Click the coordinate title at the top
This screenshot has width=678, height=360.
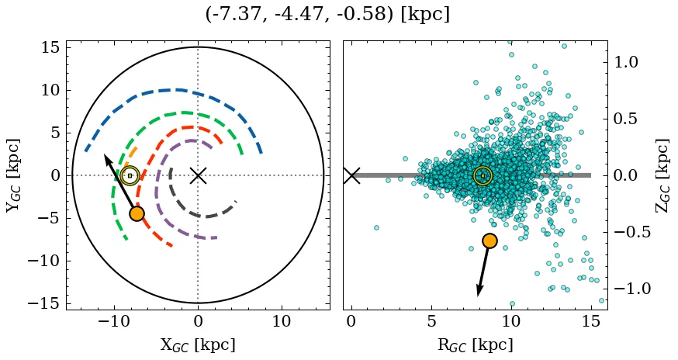pos(327,15)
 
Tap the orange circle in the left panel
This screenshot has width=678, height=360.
pos(137,213)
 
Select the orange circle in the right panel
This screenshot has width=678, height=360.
pos(489,241)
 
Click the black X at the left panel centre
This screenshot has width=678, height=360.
pos(198,175)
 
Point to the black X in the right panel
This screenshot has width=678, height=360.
pos(351,175)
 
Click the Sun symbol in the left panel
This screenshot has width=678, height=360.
pos(130,175)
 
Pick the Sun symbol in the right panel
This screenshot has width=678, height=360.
pos(483,175)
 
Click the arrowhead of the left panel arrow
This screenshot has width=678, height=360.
pos(106,157)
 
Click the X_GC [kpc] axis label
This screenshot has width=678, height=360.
pos(198,344)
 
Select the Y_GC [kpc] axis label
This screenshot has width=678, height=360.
pos(13,175)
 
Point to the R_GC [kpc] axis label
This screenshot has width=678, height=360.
pos(476,344)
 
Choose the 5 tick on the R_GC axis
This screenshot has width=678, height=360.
pos(431,321)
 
